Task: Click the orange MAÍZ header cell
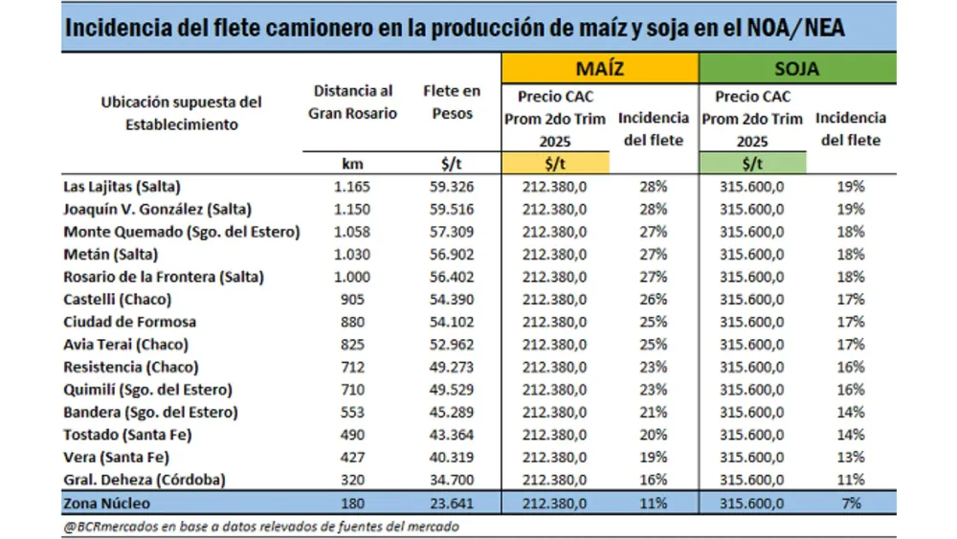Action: [599, 69]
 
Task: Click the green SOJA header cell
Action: [796, 69]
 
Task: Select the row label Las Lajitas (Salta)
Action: [122, 187]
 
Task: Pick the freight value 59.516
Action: [452, 209]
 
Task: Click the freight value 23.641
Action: [452, 503]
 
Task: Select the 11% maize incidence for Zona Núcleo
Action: [653, 503]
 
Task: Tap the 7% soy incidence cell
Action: [850, 503]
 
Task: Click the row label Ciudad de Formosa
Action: [129, 322]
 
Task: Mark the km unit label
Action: [351, 164]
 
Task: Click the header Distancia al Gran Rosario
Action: [351, 101]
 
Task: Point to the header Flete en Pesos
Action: [452, 101]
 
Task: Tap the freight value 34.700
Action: [452, 480]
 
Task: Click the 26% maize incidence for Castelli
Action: [653, 300]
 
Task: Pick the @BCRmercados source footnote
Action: [260, 526]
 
